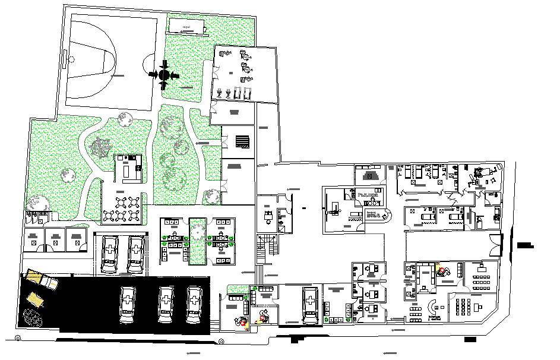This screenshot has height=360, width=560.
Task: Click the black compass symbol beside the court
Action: click(164, 74)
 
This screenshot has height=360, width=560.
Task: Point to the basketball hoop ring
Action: click(72, 59)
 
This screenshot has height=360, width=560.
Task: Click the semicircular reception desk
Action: click(434, 307)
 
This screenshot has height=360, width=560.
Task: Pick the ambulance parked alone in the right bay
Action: click(309, 305)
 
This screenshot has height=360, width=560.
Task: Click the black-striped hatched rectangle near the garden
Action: click(243, 141)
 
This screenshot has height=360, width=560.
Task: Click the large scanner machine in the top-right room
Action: click(480, 175)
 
